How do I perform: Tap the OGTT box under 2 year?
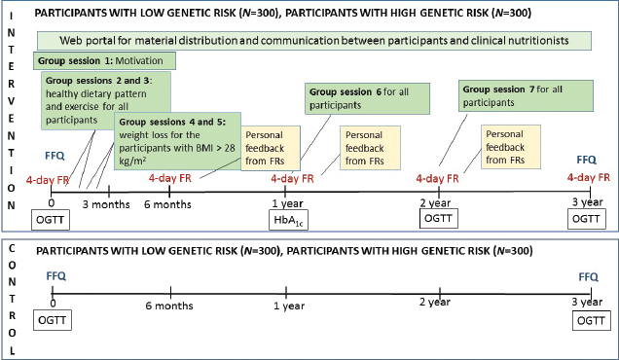pyautogui.click(x=437, y=222)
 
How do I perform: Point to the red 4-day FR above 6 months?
pyautogui.click(x=170, y=178)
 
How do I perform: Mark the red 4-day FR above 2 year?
pyautogui.click(x=437, y=178)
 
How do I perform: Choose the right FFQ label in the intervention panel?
pyautogui.click(x=585, y=158)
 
